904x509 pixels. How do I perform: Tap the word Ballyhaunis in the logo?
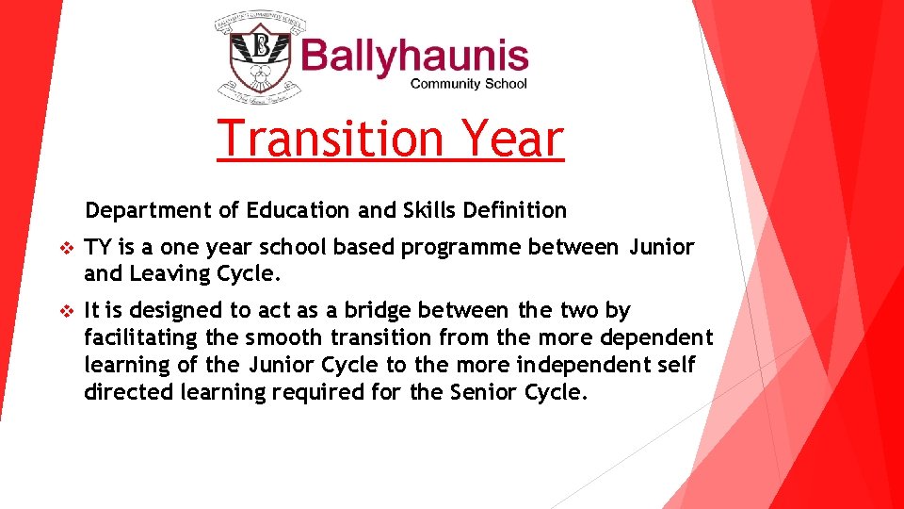[x=414, y=56]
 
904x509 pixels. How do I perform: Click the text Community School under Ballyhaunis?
[x=469, y=84]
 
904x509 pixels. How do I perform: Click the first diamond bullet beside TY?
[x=65, y=249]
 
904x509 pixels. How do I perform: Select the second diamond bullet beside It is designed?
[x=65, y=311]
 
